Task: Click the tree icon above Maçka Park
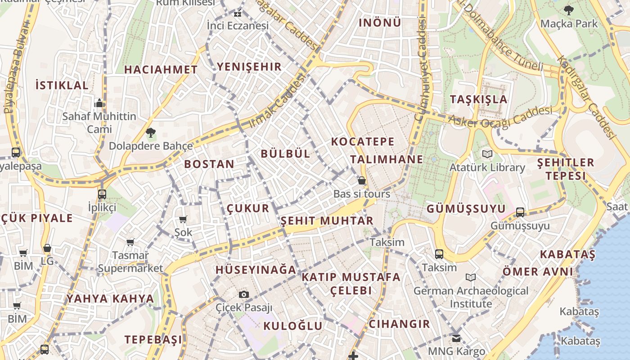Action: point(569,10)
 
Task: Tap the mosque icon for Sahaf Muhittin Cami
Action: point(99,103)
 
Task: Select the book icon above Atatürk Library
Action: point(487,154)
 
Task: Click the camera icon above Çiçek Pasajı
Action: point(244,294)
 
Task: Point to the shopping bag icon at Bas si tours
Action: point(362,181)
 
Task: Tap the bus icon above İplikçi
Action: point(102,194)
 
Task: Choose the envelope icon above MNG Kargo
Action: point(456,338)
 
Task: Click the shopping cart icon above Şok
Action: point(183,220)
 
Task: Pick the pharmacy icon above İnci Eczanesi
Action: point(238,13)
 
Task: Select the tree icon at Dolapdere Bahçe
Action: point(150,132)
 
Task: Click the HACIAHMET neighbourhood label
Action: point(161,70)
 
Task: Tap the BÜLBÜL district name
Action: point(286,154)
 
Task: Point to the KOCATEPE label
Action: point(363,142)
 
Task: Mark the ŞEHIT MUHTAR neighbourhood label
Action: point(327,221)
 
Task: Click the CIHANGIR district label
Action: point(400,324)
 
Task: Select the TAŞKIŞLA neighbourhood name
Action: point(479,99)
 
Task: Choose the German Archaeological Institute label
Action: point(471,297)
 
